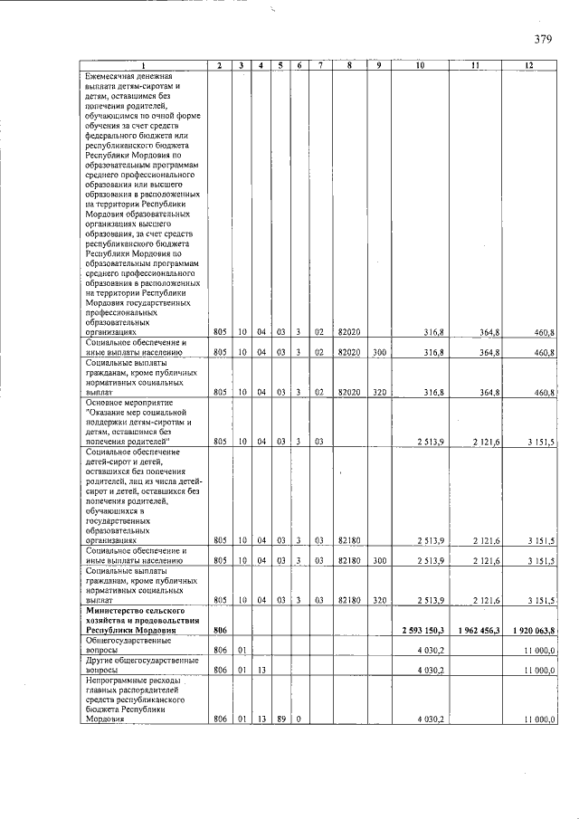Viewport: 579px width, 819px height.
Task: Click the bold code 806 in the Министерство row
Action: (x=218, y=630)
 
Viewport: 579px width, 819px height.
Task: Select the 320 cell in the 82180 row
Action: (x=379, y=599)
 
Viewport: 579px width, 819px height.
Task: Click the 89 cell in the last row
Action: (x=280, y=719)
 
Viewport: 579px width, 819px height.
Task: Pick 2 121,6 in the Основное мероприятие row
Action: (x=485, y=441)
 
